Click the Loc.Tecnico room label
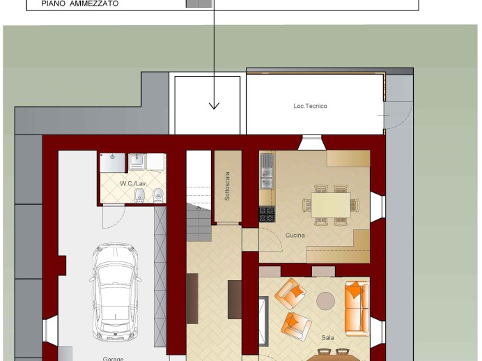click(310, 106)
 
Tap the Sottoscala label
click(227, 186)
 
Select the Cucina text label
click(295, 236)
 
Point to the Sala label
click(327, 337)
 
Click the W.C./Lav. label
click(133, 183)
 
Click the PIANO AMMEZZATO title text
click(80, 3)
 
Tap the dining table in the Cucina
click(331, 205)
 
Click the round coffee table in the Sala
click(325, 301)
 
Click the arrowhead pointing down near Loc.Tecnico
click(214, 106)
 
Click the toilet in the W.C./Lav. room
click(158, 195)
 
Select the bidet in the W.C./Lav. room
click(140, 195)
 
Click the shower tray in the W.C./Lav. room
click(113, 162)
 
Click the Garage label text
click(113, 359)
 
